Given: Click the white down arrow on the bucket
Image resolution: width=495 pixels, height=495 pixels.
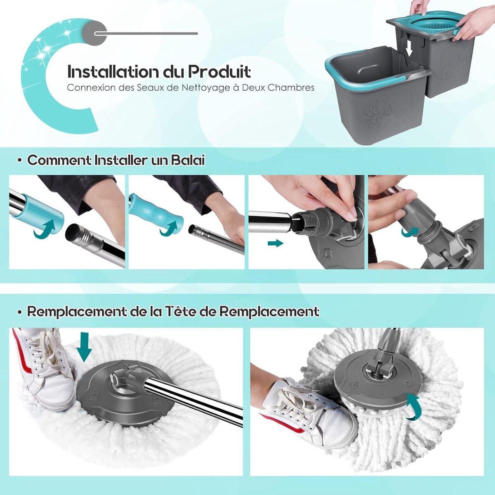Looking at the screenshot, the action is [410, 49].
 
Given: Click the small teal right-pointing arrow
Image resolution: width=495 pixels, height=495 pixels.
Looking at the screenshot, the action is [275, 244].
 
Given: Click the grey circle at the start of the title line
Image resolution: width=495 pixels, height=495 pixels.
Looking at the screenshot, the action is [94, 33].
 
